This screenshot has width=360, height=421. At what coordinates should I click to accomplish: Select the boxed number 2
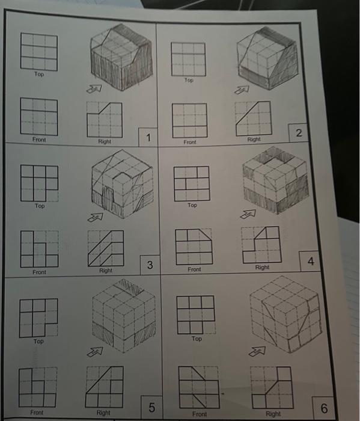(299, 132)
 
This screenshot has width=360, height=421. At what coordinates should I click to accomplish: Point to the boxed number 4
(311, 262)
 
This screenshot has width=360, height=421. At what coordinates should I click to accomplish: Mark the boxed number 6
(325, 409)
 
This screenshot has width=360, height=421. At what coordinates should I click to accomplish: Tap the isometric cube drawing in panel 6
(286, 317)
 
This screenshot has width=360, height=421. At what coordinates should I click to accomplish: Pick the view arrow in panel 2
(242, 90)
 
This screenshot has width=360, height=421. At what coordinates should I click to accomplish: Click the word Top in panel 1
(39, 75)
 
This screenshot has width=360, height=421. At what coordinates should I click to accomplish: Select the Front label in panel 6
(200, 414)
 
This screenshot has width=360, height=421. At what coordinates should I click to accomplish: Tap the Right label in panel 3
(106, 271)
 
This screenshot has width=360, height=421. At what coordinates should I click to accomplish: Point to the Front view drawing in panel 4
(193, 246)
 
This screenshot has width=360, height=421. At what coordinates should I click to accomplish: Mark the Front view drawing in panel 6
(197, 386)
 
